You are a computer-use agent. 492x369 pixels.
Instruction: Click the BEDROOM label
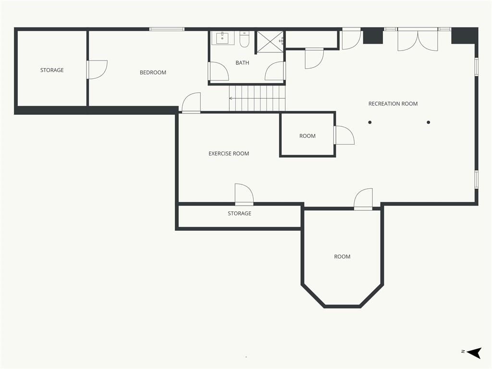tap(153, 73)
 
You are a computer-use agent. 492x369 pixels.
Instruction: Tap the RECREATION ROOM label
tap(393, 104)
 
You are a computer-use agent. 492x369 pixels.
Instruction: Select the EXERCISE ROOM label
tap(229, 153)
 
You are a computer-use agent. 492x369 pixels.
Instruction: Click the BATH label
tap(242, 63)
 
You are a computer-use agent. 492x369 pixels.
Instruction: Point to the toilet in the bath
tap(244, 39)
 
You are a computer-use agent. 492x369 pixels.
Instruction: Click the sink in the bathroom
tap(222, 38)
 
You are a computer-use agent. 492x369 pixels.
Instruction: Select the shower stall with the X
tap(270, 41)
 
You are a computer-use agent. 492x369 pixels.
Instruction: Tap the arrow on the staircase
tap(257, 98)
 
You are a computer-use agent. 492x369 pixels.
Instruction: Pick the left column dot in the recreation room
tap(370, 123)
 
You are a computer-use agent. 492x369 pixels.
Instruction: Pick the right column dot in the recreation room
tap(428, 123)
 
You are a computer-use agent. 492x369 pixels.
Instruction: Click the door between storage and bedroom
tap(97, 70)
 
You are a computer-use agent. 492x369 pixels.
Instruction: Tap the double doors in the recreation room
tap(418, 39)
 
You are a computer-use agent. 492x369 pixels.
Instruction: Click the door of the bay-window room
tap(363, 199)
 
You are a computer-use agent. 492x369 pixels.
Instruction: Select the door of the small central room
tap(344, 135)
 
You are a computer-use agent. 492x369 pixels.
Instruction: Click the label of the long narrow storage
tap(239, 213)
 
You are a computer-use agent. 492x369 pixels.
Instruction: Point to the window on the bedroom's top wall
tap(167, 29)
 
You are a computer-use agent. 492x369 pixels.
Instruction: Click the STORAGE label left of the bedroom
tap(52, 70)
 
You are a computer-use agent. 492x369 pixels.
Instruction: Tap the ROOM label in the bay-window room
tap(342, 257)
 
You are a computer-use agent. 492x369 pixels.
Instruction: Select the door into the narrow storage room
tap(244, 195)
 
